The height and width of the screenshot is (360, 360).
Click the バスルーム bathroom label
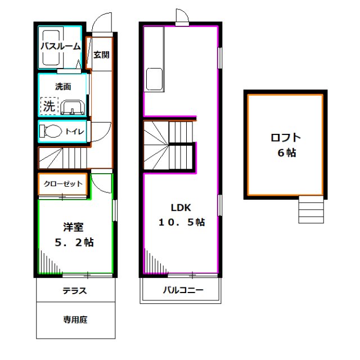pyautogui.click(x=60, y=47)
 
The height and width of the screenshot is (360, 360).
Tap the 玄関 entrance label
pyautogui.click(x=101, y=55)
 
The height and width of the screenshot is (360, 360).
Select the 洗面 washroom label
pyautogui.click(x=63, y=87)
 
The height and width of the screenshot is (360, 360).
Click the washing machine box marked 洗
pyautogui.click(x=49, y=105)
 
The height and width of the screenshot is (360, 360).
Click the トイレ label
pyautogui.click(x=75, y=132)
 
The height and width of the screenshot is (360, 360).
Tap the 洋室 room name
pyautogui.click(x=73, y=227)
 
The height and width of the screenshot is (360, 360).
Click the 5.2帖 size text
pyautogui.click(x=73, y=243)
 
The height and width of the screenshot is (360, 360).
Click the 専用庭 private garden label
pyautogui.click(x=75, y=320)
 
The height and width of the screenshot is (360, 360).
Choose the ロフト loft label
pyautogui.click(x=286, y=137)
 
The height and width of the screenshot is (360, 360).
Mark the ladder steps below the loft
pyautogui.click(x=311, y=210)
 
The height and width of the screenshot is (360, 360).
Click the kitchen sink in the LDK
pyautogui.click(x=155, y=79)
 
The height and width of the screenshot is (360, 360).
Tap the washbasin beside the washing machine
pyautogui.click(x=73, y=107)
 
